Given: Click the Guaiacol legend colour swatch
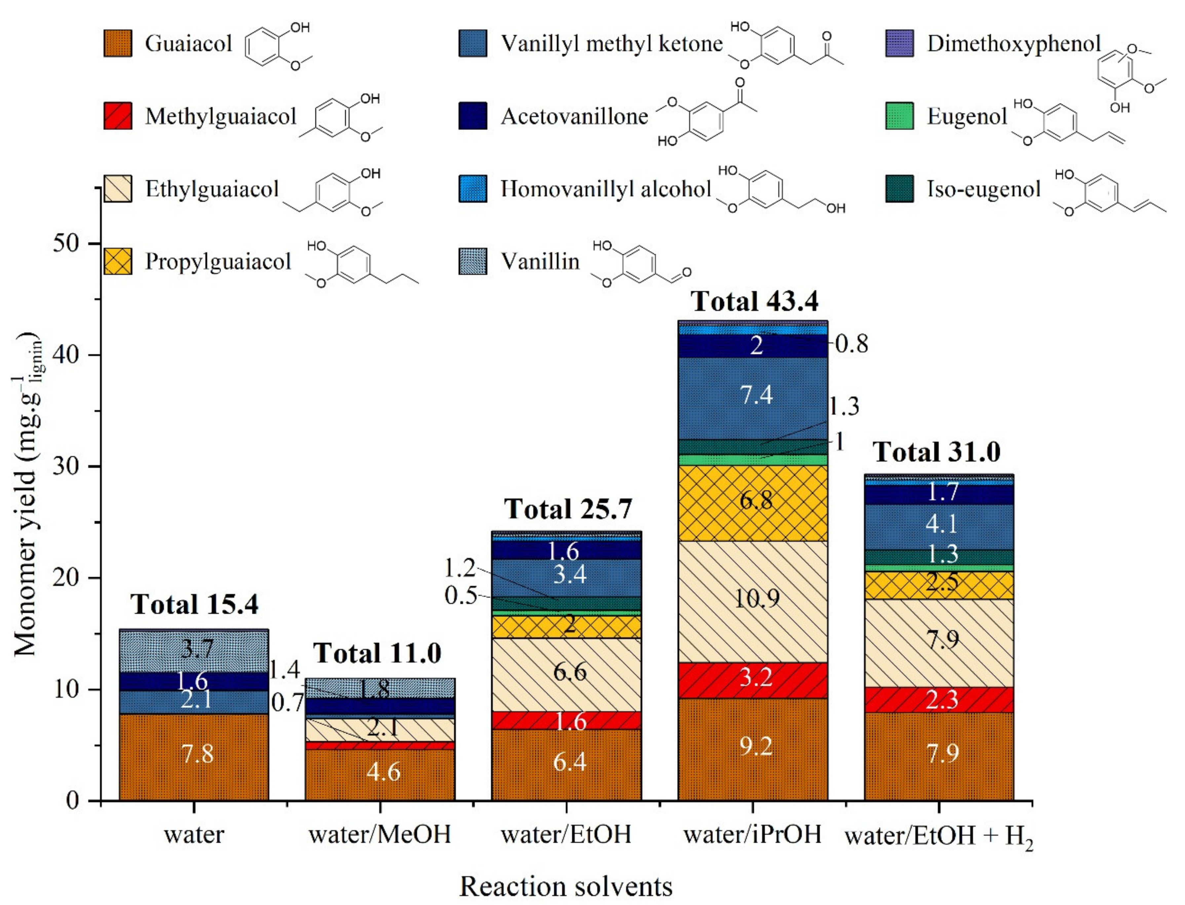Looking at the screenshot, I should [x=117, y=43].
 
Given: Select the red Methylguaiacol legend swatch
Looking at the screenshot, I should [x=117, y=116].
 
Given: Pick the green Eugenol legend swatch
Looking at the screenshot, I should [x=899, y=116].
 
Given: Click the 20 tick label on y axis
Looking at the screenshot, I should [x=67, y=578].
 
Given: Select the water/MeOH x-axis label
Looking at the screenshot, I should [x=380, y=834].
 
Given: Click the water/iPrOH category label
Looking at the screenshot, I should [x=752, y=834].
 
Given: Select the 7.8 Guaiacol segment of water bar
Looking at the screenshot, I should [x=194, y=754].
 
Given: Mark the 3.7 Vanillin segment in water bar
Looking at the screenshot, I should [x=194, y=649].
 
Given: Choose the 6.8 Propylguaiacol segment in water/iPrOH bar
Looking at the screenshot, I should [x=752, y=501].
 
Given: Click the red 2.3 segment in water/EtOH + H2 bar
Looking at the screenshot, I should [x=939, y=699].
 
